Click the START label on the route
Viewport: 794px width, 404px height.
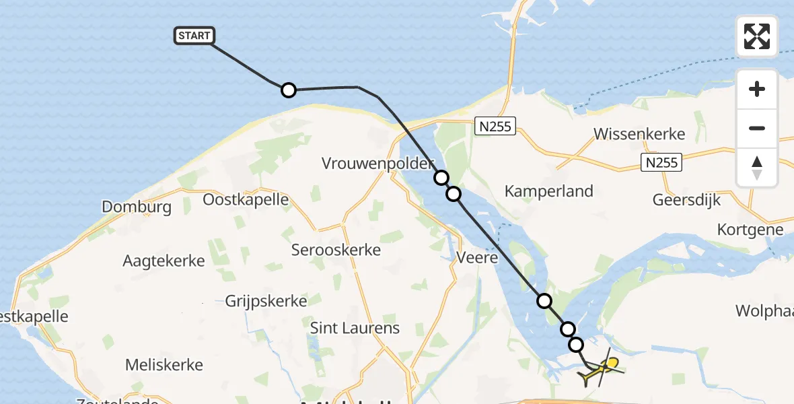[194, 36]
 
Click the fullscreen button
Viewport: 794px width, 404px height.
[757, 36]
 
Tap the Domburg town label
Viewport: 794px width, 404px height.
[137, 207]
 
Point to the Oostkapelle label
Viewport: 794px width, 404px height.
[246, 200]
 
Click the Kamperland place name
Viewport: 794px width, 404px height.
[549, 191]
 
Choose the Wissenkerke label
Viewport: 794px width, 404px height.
[639, 133]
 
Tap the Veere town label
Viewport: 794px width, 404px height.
[477, 257]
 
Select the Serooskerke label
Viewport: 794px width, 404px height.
[336, 250]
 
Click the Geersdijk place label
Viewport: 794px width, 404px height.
[686, 200]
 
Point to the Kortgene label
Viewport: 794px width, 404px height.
[750, 230]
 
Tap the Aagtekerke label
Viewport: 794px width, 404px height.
[164, 261]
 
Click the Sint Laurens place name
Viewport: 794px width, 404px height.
[355, 329]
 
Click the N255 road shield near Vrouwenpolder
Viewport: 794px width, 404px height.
[495, 126]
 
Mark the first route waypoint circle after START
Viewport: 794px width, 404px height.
[288, 90]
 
